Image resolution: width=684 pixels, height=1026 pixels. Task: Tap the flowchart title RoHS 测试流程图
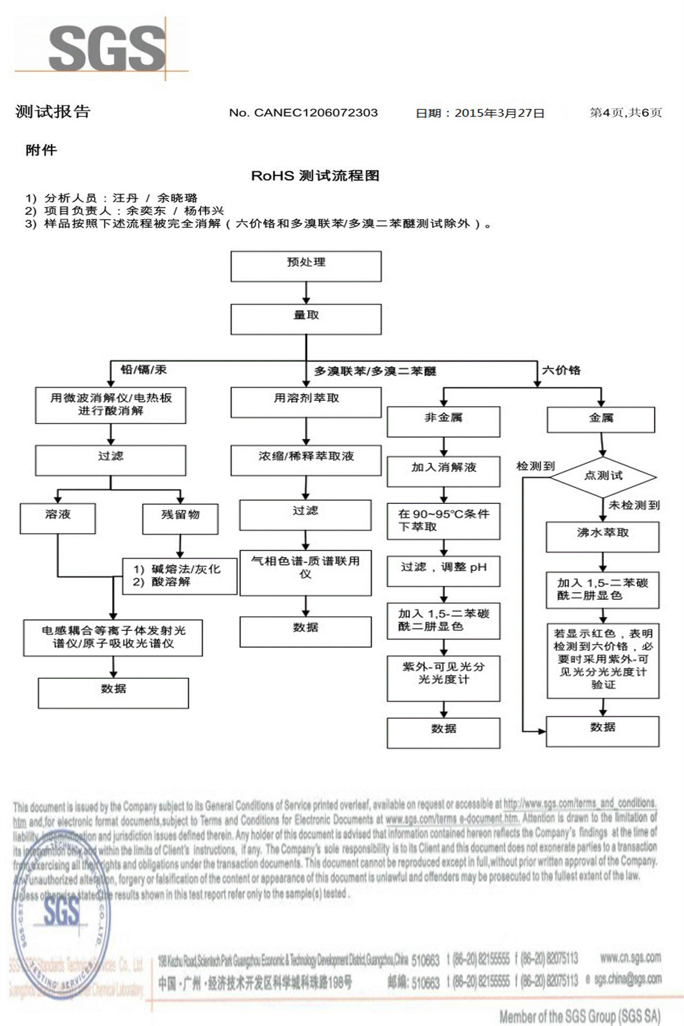point(315,176)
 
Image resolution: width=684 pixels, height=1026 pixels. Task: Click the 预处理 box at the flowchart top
point(306,266)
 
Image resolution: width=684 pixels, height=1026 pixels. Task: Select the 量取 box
point(306,319)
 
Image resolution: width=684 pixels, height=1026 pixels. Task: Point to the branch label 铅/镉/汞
point(144,369)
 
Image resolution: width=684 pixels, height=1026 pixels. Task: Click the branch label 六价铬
point(561,370)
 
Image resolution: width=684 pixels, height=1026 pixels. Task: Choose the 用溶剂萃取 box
point(306,402)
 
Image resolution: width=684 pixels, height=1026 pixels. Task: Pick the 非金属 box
point(444,422)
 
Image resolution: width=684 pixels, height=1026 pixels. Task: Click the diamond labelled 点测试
point(603,476)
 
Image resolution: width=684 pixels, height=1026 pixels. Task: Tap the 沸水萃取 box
point(602,537)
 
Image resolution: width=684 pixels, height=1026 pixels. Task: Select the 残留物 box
point(180,518)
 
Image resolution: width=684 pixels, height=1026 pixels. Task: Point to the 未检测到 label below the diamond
point(634,505)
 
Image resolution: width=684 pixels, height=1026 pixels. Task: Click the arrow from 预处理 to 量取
point(306,293)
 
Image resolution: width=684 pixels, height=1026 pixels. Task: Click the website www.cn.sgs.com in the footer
point(630,958)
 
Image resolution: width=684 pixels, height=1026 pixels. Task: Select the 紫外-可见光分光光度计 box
point(444,678)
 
